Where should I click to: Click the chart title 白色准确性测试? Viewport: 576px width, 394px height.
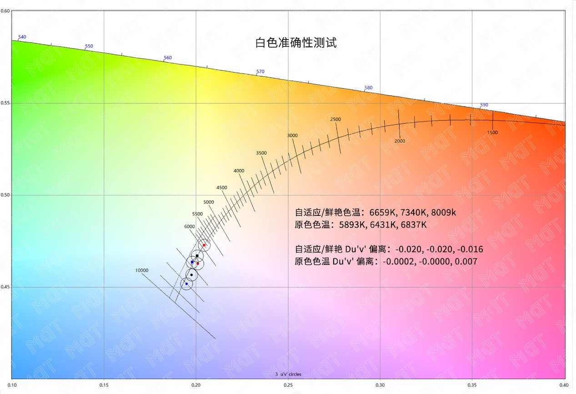coord(296,43)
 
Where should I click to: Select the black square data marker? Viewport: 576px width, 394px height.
coord(197,256)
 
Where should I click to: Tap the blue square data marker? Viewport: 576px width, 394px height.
coord(192,262)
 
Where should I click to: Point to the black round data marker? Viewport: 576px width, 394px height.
coord(191,275)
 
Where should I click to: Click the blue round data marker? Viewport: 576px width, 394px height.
coord(186,284)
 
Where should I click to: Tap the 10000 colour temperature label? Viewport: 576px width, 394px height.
coord(142,270)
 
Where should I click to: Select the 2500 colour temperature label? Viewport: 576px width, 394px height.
coord(336,120)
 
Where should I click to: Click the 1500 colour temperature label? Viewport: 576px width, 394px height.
coord(492,133)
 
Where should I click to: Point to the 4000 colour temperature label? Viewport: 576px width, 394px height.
coord(239,171)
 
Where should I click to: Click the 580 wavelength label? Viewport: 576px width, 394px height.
coord(368,88)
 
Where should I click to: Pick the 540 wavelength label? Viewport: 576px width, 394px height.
coord(22,37)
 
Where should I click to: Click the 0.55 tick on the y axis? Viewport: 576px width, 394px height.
coord(5,103)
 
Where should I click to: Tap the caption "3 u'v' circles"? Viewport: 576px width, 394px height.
coord(288,374)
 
